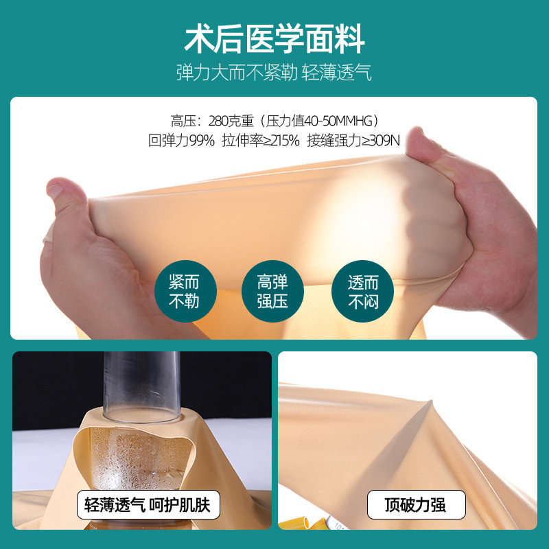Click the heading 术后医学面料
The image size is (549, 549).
[274, 39]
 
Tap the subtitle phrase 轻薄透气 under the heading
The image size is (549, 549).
[336, 73]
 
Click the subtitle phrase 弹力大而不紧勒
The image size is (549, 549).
[235, 73]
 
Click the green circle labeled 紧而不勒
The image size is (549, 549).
[183, 291]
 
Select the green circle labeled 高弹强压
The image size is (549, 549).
[272, 291]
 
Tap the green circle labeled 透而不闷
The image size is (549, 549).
[362, 291]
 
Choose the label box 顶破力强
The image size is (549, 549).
[416, 506]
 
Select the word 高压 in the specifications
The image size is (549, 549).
[183, 121]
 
